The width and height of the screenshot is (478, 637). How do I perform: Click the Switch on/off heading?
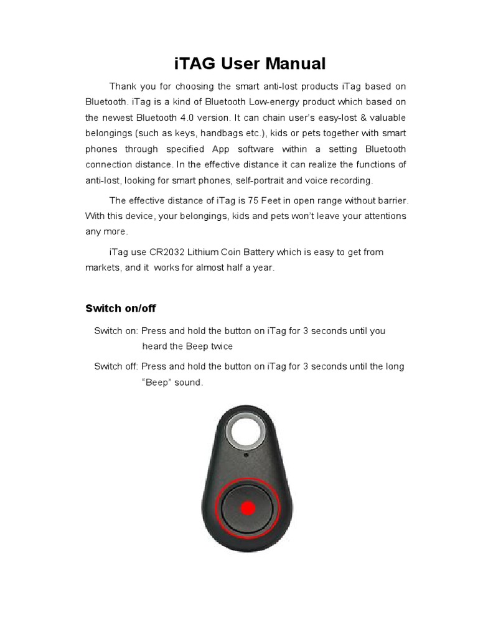point(120,308)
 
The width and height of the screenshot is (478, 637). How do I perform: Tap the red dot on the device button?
point(248,508)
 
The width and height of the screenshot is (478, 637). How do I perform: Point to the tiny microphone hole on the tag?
point(247,455)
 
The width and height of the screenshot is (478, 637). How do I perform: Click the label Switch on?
point(116,331)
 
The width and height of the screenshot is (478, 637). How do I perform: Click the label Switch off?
point(116,366)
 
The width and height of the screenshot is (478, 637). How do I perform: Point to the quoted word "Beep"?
point(157,383)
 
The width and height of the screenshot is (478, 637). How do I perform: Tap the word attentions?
point(380,216)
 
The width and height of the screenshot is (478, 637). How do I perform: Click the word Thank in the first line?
point(123,86)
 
